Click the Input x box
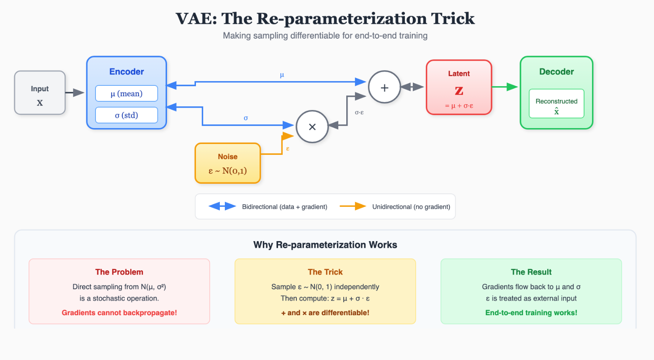[x=40, y=93]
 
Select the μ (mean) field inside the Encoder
[x=126, y=93]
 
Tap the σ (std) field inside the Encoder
[x=126, y=115]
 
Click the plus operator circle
[x=384, y=87]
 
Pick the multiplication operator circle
[x=312, y=126]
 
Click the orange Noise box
[x=228, y=163]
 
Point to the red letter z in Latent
[x=459, y=90]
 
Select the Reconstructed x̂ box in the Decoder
[x=556, y=104]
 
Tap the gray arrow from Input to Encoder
[x=75, y=93]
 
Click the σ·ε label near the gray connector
[x=359, y=112]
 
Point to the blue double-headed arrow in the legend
[x=222, y=206]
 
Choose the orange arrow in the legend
[x=353, y=206]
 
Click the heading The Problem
[x=119, y=272]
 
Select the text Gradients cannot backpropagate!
[x=119, y=313]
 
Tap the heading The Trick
[x=325, y=272]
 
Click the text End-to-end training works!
[x=531, y=313]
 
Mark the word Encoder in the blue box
[x=126, y=72]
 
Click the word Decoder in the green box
[x=556, y=72]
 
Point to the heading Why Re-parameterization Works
[x=325, y=245]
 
